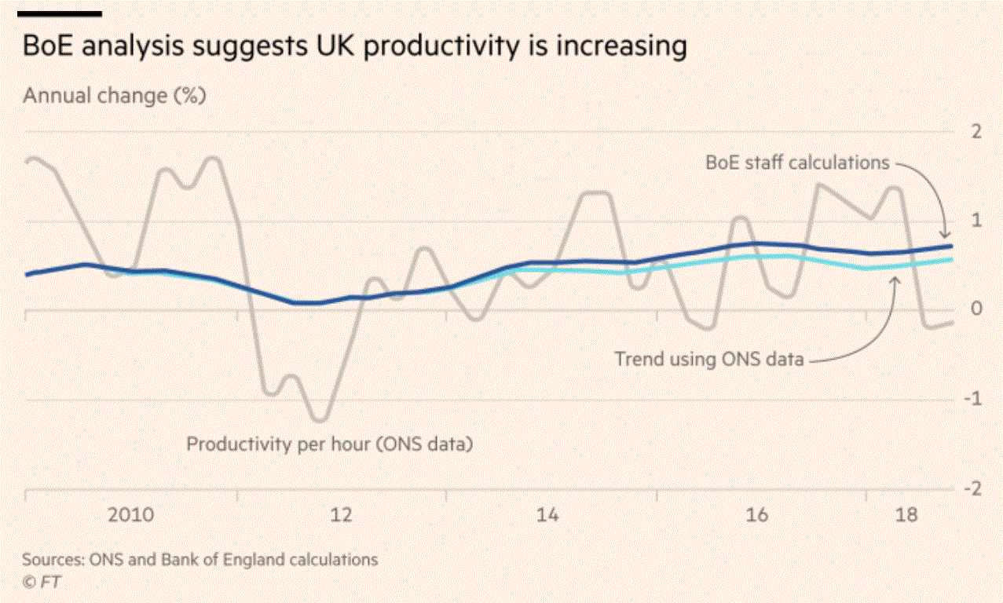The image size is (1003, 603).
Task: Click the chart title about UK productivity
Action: point(355,46)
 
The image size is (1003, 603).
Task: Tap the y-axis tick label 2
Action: point(976,131)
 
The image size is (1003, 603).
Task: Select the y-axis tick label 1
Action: point(976,221)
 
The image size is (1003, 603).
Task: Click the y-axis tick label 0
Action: point(976,309)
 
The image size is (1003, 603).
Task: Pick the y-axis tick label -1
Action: point(972,399)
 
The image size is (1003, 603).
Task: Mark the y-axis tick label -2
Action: point(972,488)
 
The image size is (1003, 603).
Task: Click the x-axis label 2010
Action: point(131,516)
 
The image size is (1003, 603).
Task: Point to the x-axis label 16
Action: point(756,516)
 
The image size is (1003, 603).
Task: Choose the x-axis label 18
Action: point(906,516)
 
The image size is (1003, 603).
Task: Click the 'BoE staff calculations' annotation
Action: point(797,163)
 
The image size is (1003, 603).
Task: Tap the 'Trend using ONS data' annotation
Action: point(709,360)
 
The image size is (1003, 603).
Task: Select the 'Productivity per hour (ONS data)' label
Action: point(330,444)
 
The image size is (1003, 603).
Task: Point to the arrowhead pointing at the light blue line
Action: point(896,280)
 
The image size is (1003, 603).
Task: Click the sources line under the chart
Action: point(200,560)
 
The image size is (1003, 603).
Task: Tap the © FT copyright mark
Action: point(42,582)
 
